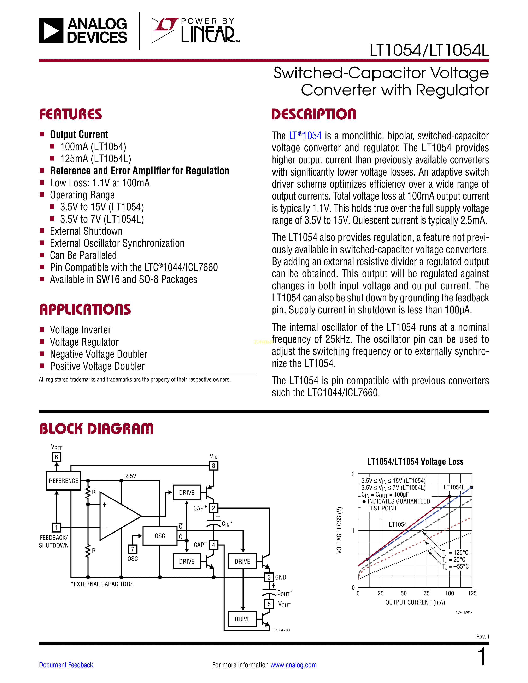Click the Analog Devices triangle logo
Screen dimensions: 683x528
pos(51,31)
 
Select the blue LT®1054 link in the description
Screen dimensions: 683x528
pos(305,136)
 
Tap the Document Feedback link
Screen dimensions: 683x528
pos(66,665)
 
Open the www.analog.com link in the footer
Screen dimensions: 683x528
pos(293,665)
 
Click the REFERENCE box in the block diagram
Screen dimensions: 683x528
pos(64,481)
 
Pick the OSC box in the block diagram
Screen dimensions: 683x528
pos(160,536)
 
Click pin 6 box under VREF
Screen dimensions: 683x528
pos(57,457)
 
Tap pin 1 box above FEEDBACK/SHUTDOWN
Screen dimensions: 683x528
pos(57,528)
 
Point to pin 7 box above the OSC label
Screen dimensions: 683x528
pos(133,549)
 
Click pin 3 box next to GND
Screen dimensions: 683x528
pos(269,577)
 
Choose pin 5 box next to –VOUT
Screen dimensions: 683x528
pos(269,604)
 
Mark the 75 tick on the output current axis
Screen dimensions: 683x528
pos(427,593)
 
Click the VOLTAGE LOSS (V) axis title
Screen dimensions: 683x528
pos(339,530)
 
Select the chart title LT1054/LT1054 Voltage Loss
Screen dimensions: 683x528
pos(415,462)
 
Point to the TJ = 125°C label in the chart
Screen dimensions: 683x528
pos(455,553)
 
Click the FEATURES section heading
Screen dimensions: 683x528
pos(70,114)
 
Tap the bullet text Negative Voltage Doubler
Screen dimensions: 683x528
pos(99,354)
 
